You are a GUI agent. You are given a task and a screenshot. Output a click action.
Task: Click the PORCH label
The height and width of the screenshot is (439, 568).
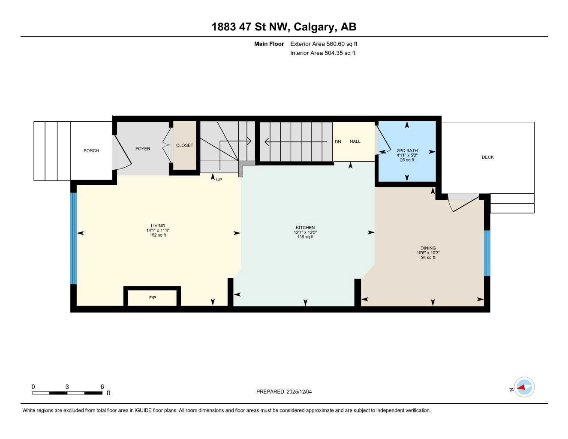click(91, 151)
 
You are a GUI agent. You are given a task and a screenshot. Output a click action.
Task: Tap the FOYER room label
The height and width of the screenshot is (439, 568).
click(143, 149)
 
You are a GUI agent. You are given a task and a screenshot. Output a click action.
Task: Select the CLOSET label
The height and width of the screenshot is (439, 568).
click(184, 145)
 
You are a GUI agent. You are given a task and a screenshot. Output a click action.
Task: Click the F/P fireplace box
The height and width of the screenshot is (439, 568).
click(152, 298)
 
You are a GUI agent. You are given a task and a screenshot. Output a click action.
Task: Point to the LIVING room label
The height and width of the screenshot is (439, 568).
click(158, 226)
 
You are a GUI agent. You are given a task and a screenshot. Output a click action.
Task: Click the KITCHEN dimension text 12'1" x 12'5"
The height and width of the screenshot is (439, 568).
click(305, 232)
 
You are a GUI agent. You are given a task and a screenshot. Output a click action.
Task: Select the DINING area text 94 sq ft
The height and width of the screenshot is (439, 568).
click(428, 258)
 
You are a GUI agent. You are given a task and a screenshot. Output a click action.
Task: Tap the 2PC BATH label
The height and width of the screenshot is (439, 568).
click(407, 150)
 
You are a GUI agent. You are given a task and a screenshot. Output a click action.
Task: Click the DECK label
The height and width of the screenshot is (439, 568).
click(487, 157)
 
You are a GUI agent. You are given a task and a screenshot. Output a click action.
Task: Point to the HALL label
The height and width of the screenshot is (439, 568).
click(355, 141)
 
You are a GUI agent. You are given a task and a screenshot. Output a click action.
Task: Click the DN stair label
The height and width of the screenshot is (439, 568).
click(338, 142)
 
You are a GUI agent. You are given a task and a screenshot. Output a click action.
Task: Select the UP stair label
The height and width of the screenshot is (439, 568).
click(219, 180)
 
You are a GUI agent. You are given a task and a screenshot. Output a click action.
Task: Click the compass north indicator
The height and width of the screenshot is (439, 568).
click(524, 388)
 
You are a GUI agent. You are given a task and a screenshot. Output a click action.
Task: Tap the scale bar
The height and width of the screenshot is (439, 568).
click(67, 393)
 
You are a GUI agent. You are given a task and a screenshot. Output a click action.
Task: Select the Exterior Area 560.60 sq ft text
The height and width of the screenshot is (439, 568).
click(324, 44)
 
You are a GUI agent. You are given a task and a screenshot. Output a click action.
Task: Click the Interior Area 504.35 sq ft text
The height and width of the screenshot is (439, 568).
click(323, 53)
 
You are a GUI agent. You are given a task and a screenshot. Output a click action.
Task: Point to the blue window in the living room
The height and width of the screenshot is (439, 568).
click(73, 238)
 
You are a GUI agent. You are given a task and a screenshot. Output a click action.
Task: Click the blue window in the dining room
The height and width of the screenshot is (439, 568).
click(487, 253)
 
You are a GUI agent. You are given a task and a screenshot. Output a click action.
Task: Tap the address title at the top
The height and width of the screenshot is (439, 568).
click(284, 27)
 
